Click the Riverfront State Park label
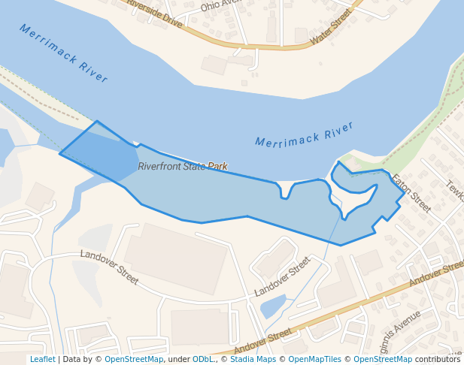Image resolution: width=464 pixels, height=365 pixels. (x=182, y=166)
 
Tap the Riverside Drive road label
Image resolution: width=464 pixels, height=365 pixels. (x=155, y=14)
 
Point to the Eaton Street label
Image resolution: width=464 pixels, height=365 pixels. (x=411, y=193)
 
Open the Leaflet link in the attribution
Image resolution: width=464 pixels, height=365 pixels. (x=42, y=359)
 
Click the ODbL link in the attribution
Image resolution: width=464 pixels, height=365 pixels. (x=203, y=359)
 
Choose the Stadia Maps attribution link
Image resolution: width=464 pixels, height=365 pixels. (x=253, y=359)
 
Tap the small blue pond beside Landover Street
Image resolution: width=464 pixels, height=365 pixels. (x=272, y=306)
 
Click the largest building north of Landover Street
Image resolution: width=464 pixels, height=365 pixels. (x=175, y=259)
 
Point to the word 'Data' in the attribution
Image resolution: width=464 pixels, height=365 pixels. (x=72, y=359)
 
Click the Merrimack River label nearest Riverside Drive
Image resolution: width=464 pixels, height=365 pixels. (x=64, y=53)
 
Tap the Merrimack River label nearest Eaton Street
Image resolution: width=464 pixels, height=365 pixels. (x=304, y=134)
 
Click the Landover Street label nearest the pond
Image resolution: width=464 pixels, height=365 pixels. (x=282, y=276)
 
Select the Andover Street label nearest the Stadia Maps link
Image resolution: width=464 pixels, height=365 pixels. (x=262, y=341)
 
